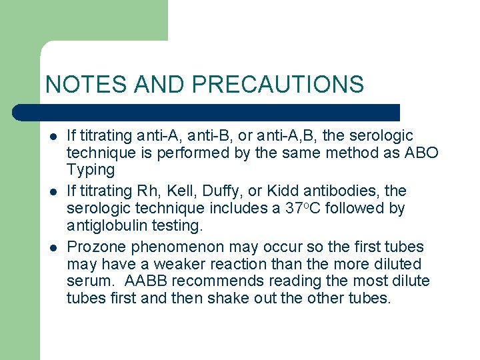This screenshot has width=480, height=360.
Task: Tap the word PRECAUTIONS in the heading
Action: pyautogui.click(x=278, y=85)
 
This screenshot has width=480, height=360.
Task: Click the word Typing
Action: pyautogui.click(x=91, y=170)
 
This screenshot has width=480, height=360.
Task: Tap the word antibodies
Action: pyautogui.click(x=369, y=191)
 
